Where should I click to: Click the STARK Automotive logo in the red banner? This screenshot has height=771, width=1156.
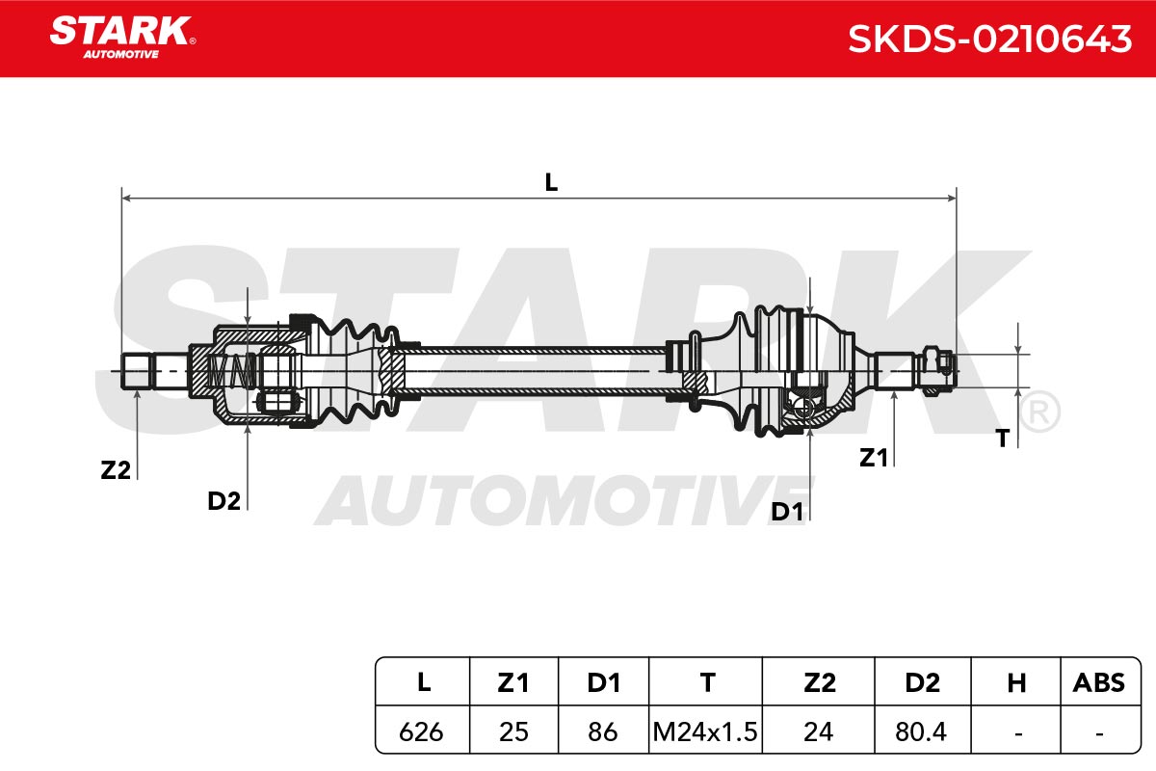coord(122,38)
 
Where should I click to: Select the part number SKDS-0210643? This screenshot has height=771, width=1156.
coord(990,40)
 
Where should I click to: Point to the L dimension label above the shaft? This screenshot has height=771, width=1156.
coord(551,182)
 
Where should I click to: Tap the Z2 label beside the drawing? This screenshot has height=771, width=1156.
coord(116,470)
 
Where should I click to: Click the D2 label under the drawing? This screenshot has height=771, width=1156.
coord(223,501)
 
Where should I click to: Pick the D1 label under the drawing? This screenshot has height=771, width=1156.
coord(787,512)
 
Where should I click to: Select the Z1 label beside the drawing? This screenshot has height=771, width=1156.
coord(873,458)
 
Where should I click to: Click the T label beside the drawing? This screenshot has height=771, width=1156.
coord(1003,439)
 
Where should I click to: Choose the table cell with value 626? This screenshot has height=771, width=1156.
coord(421,731)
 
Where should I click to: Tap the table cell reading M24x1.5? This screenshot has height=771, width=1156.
coord(705,731)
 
